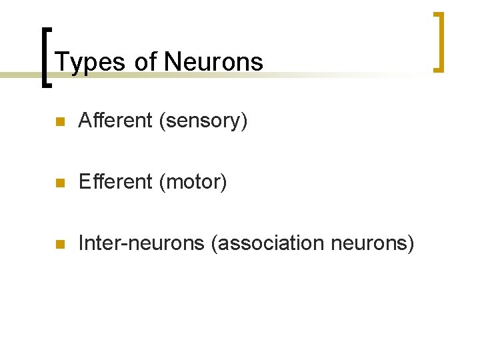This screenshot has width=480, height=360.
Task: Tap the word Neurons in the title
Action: tap(214, 62)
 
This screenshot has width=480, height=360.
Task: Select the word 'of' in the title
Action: tap(145, 62)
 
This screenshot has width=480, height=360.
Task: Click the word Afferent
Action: tap(115, 121)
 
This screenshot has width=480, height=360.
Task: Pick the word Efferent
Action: tap(115, 182)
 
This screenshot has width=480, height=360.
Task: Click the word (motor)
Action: tap(193, 182)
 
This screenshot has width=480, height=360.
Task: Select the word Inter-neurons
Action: tap(141, 243)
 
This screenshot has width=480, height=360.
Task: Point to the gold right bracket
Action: tap(438, 41)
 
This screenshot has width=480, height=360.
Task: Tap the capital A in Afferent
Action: tap(85, 121)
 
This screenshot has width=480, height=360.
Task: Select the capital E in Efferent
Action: tap(84, 182)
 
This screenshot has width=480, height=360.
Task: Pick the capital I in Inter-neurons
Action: tap(81, 243)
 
